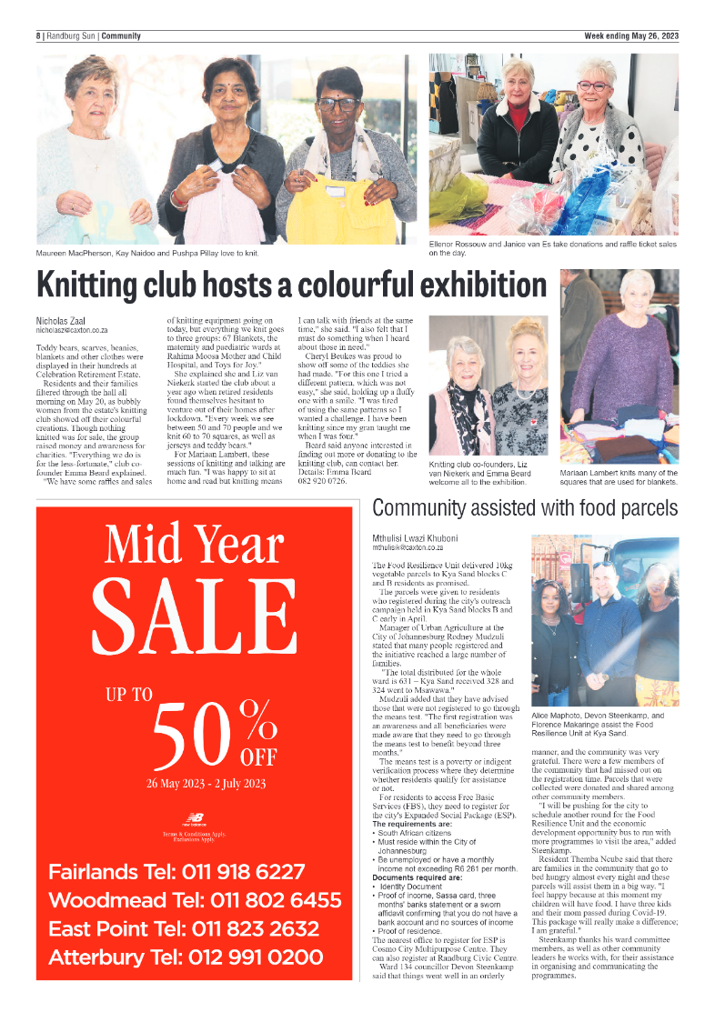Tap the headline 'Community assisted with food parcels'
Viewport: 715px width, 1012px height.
click(x=525, y=508)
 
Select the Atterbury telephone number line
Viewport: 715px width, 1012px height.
click(x=185, y=957)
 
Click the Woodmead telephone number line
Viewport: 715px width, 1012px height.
click(x=195, y=900)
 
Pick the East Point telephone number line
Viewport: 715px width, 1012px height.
click(x=183, y=929)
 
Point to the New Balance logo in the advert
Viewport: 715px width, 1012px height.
click(x=193, y=817)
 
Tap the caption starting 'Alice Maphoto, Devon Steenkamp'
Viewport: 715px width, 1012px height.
click(x=589, y=724)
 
